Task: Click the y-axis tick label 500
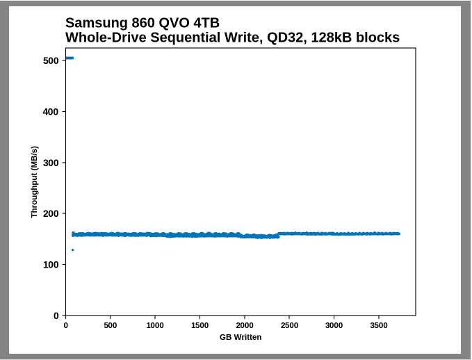coord(50,60)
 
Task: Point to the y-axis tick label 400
coord(50,112)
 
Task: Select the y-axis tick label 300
coord(50,163)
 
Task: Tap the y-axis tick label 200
coord(50,213)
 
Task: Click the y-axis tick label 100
coord(50,265)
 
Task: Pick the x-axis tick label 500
coord(111,325)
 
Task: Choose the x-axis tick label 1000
coord(155,325)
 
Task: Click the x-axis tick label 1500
coord(200,325)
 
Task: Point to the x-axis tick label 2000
coord(245,325)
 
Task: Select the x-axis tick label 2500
coord(289,325)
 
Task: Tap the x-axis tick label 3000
coord(334,325)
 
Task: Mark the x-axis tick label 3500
coord(379,325)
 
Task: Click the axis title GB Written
coord(241,337)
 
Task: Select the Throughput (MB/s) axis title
coord(34,181)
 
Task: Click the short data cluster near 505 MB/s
coord(69,58)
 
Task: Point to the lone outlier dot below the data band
coord(72,249)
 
